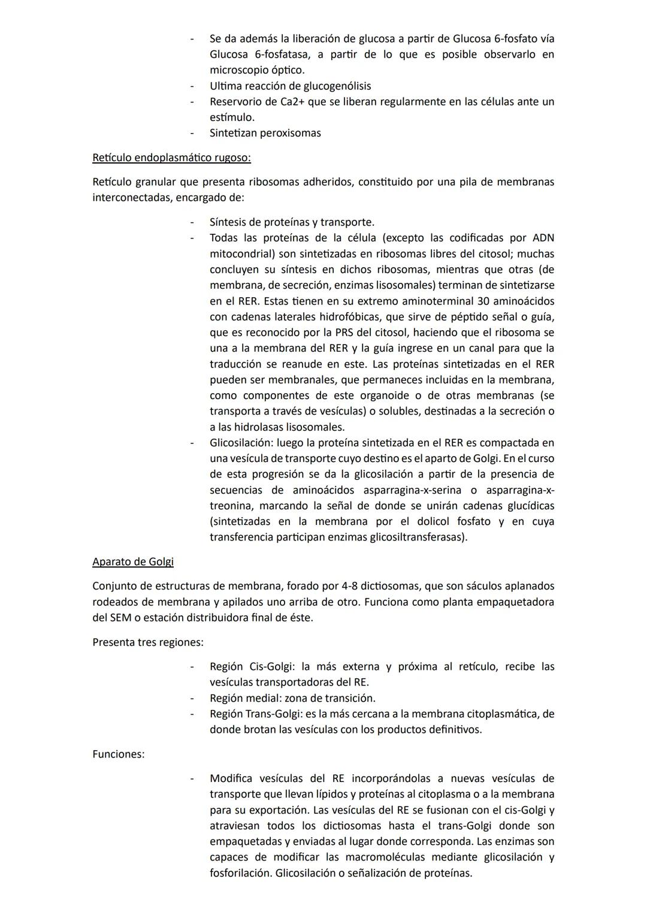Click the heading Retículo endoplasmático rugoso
(171, 158)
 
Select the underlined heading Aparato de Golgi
(133, 561)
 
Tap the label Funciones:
(118, 754)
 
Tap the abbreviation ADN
(543, 238)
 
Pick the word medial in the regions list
(264, 698)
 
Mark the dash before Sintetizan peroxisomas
(192, 133)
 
